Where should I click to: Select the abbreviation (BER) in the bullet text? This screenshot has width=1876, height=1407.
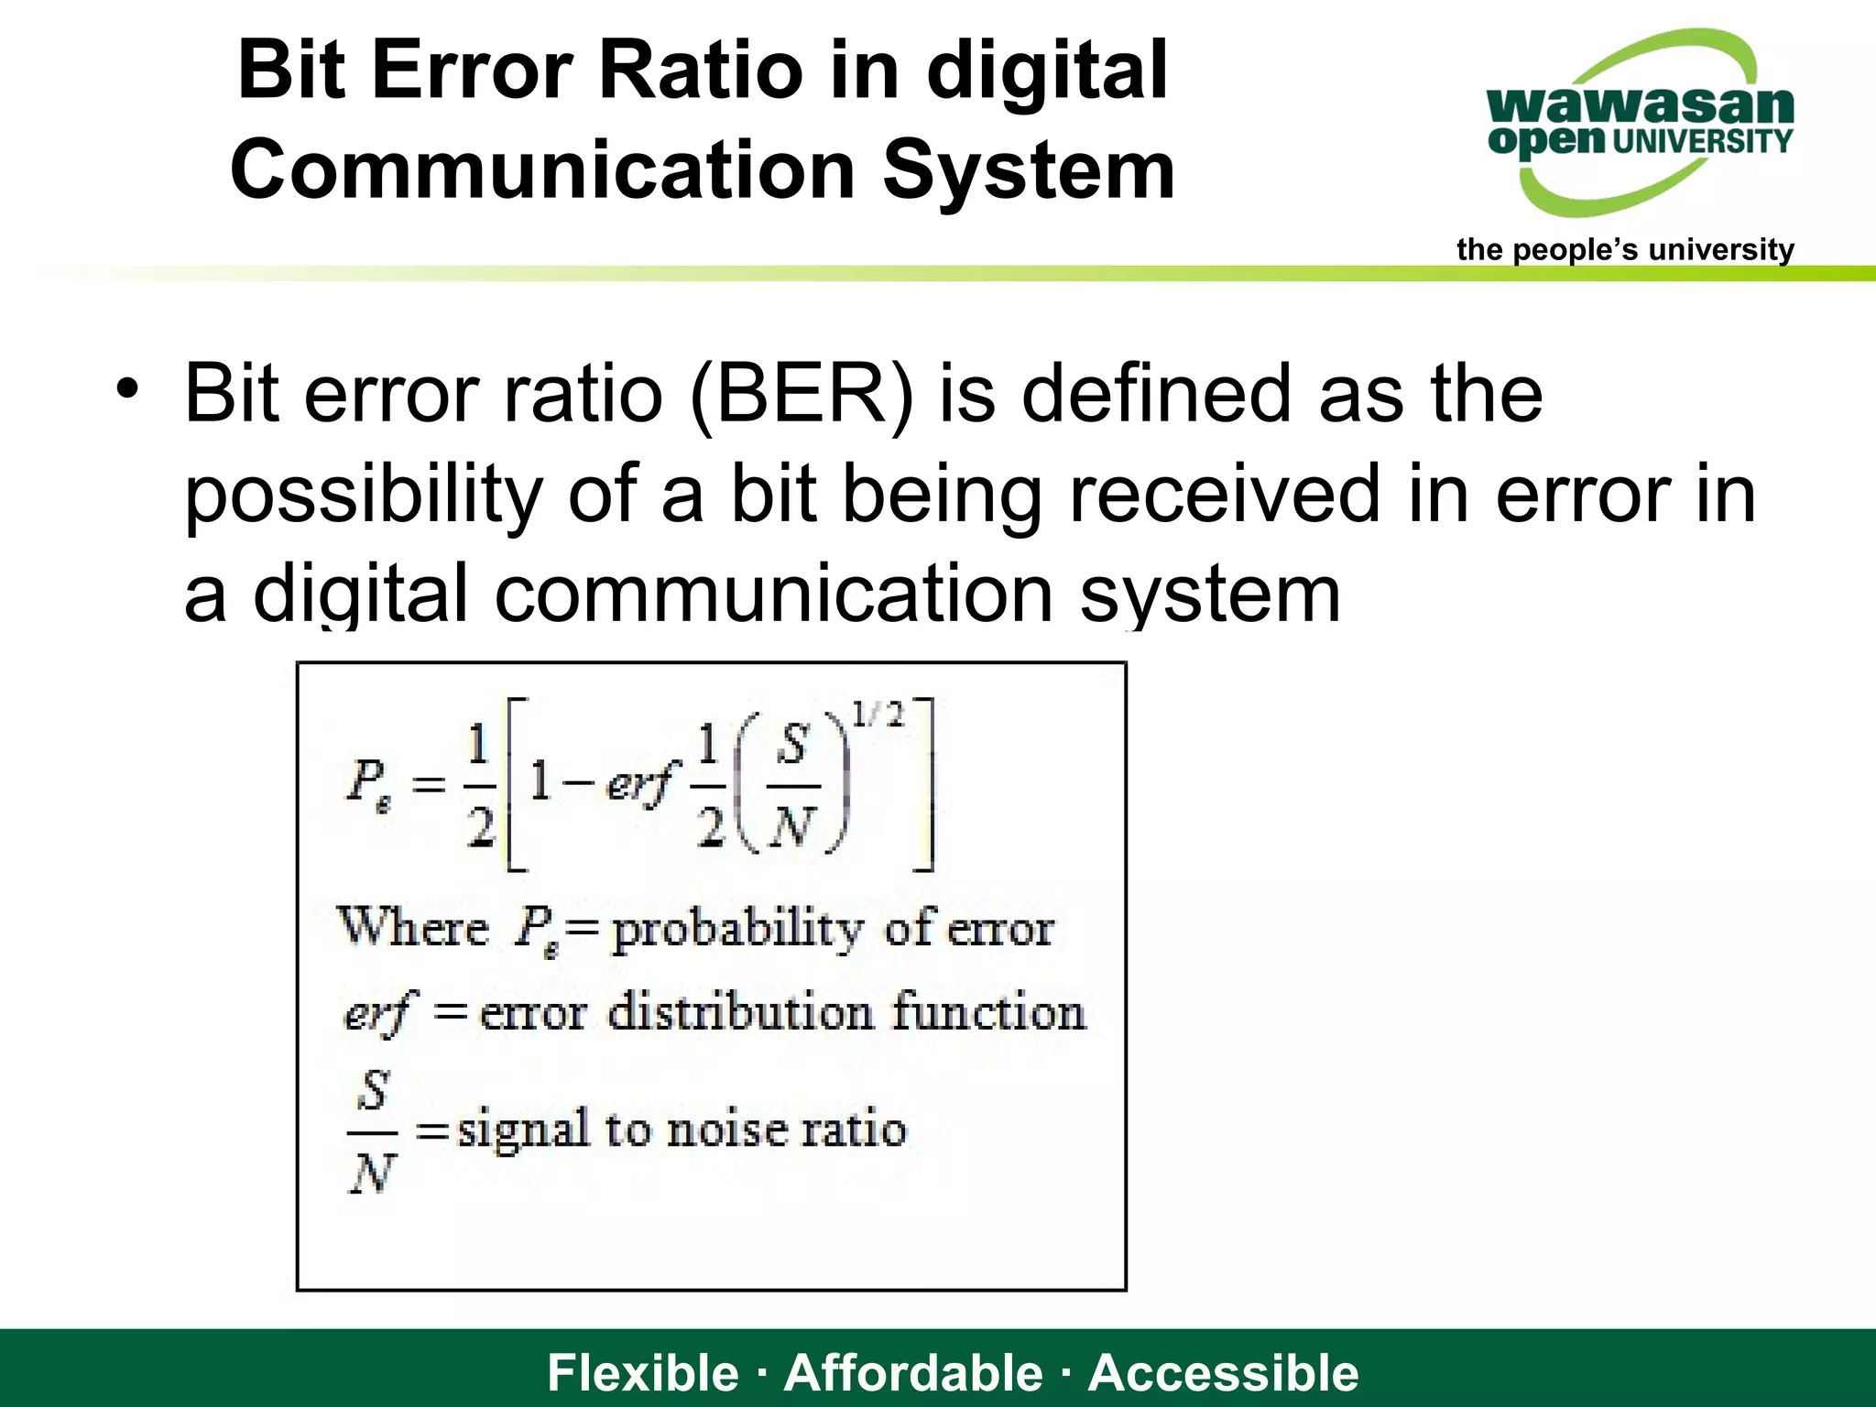(802, 394)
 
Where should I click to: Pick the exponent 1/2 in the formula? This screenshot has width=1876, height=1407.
(877, 714)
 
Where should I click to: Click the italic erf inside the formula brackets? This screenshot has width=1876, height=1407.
(638, 784)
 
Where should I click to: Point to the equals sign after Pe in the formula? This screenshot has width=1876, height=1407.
(428, 785)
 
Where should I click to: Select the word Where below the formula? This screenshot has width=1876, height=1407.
(413, 927)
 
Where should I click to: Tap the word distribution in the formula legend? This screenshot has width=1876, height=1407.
(740, 1013)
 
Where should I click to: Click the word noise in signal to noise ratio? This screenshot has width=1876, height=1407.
(726, 1129)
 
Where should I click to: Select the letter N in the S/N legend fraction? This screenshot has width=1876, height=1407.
(371, 1172)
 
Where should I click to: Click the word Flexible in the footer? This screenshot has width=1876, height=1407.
(642, 1372)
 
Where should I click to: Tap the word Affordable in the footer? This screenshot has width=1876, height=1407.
(913, 1372)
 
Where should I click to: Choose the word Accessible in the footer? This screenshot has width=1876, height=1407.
(1224, 1372)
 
